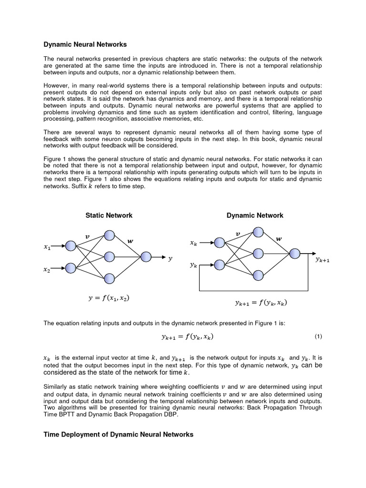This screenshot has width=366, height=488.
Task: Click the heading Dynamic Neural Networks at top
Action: pyautogui.click(x=85, y=44)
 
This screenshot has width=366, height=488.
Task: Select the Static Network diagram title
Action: pyautogui.click(x=109, y=215)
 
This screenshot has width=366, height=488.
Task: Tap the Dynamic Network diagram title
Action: pyautogui.click(x=254, y=215)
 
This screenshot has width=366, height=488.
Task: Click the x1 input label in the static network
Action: pyautogui.click(x=47, y=247)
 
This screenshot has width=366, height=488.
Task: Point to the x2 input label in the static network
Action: pyautogui.click(x=47, y=269)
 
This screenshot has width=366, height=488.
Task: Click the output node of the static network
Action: pyautogui.click(x=145, y=257)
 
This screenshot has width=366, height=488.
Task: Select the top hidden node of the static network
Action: pyautogui.click(x=109, y=235)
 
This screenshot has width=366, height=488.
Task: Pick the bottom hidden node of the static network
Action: pyautogui.click(x=109, y=278)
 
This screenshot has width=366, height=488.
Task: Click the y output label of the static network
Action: pyautogui.click(x=170, y=258)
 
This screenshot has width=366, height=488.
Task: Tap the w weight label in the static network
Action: pyautogui.click(x=130, y=241)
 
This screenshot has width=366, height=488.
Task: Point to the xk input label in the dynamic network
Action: pyautogui.click(x=193, y=243)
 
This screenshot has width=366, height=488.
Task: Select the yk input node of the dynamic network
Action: pyautogui.click(x=220, y=264)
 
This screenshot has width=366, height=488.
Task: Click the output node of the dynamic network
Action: pyautogui.click(x=295, y=254)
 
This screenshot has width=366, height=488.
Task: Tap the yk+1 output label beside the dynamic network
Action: pyautogui.click(x=323, y=260)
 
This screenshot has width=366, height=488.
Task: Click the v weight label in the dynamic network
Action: pyautogui.click(x=238, y=234)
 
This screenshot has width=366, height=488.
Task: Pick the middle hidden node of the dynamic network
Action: pyautogui.click(x=258, y=253)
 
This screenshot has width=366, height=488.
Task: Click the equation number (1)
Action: pyautogui.click(x=318, y=336)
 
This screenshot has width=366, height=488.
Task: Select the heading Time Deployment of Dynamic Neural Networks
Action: pyautogui.click(x=118, y=435)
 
